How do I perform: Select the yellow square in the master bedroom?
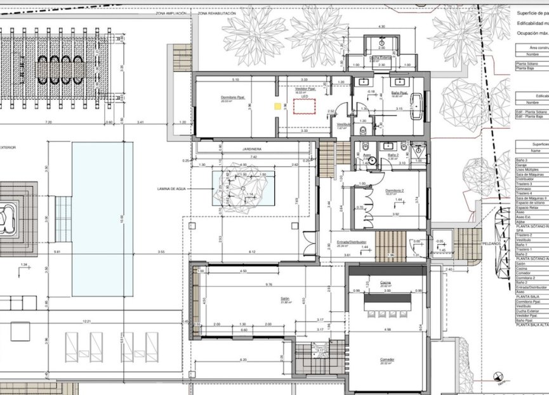tap(277, 106)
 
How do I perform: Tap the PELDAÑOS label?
tap(491, 243)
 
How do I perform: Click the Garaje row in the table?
tap(524, 165)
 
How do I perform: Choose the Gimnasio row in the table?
tap(526, 188)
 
